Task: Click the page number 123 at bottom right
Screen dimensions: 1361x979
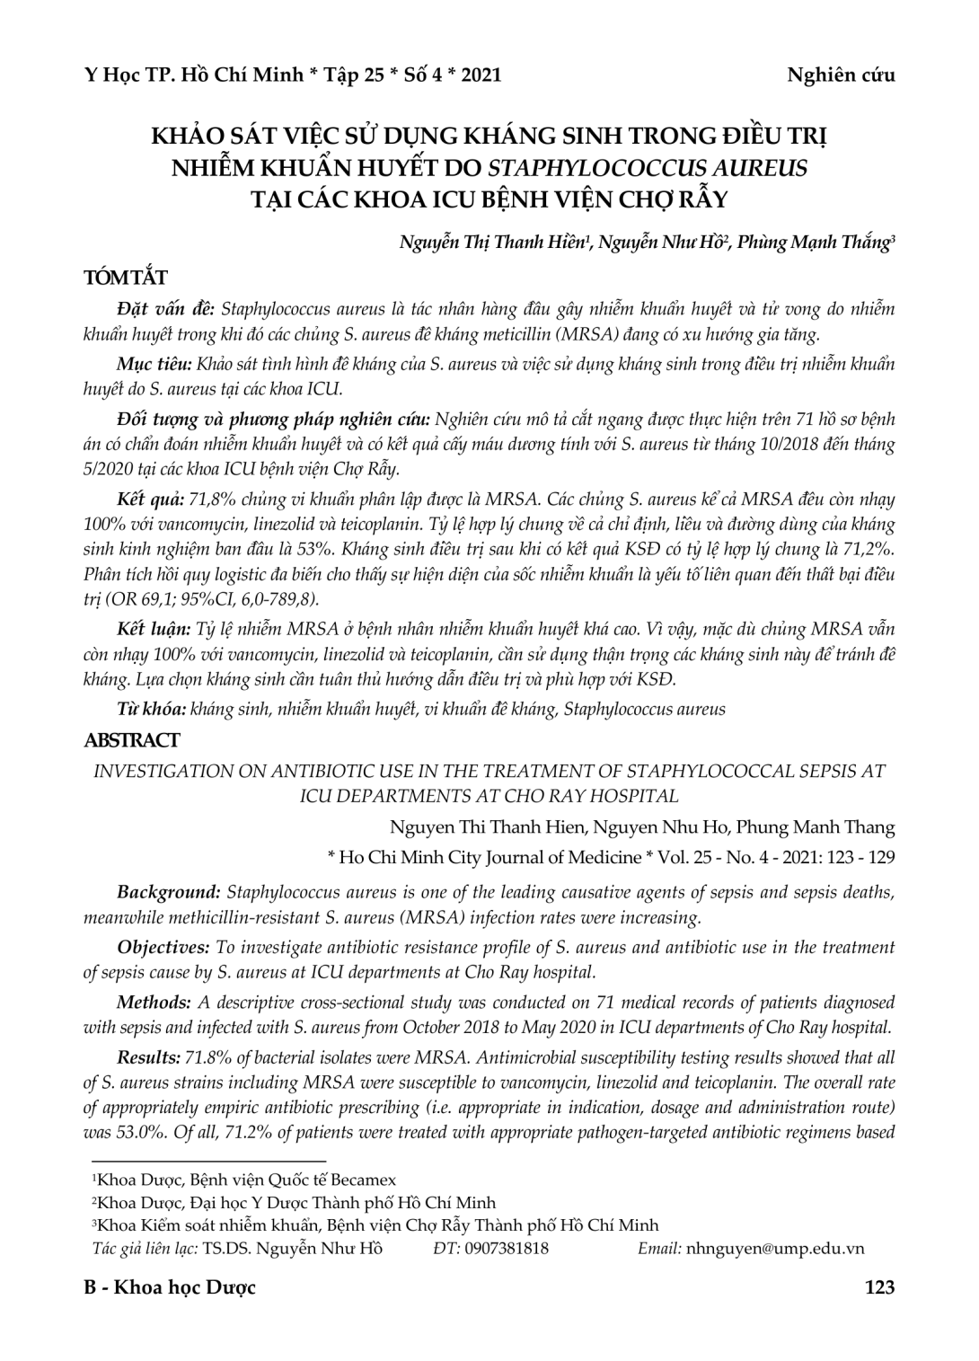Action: pyautogui.click(x=878, y=1287)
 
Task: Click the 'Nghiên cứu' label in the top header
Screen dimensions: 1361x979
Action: pyautogui.click(x=841, y=75)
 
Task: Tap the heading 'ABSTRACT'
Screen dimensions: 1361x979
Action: pyautogui.click(x=131, y=741)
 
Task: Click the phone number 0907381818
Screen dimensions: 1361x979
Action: pyautogui.click(x=507, y=1248)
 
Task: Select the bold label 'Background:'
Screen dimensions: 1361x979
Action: pyautogui.click(x=169, y=893)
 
